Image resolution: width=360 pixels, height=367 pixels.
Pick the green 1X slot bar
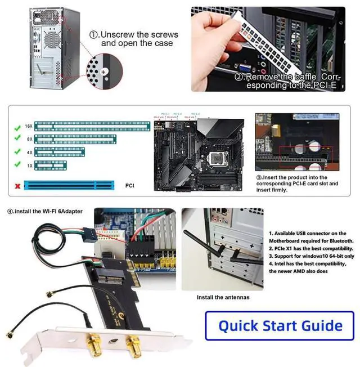click(x=50, y=165)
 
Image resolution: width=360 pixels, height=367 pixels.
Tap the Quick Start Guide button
click(x=280, y=325)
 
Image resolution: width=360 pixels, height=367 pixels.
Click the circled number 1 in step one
click(x=94, y=34)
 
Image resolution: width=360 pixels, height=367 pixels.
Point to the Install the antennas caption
click(x=222, y=297)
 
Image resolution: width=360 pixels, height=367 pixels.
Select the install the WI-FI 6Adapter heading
click(x=45, y=211)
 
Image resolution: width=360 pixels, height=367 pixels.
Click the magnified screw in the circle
click(x=104, y=71)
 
